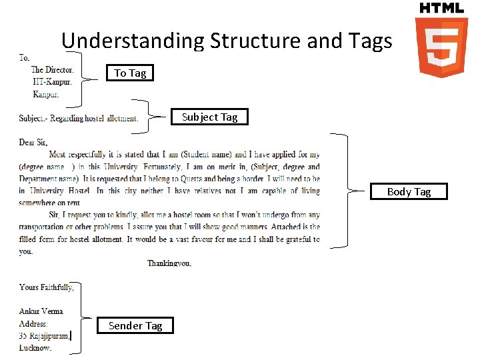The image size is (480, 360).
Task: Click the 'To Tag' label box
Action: click(130, 73)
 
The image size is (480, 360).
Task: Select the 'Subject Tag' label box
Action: click(209, 117)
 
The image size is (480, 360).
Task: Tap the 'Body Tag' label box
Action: click(409, 191)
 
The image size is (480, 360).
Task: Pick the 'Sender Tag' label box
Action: click(135, 325)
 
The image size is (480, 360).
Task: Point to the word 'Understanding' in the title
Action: click(133, 41)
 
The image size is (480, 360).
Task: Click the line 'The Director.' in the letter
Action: click(53, 69)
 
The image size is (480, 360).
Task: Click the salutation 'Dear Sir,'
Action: click(33, 143)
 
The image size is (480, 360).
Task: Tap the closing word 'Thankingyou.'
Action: click(169, 263)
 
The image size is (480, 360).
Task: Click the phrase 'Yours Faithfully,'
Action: click(47, 287)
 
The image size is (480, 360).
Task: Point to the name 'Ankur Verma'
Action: click(41, 311)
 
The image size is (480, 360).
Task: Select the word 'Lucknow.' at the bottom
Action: click(35, 348)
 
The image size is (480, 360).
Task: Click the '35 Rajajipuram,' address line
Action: click(44, 336)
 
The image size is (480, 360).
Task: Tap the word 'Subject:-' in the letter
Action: click(32, 119)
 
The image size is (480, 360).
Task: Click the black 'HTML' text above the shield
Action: click(441, 8)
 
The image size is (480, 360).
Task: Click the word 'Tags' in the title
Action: click(368, 41)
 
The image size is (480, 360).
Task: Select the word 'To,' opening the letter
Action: click(25, 58)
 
